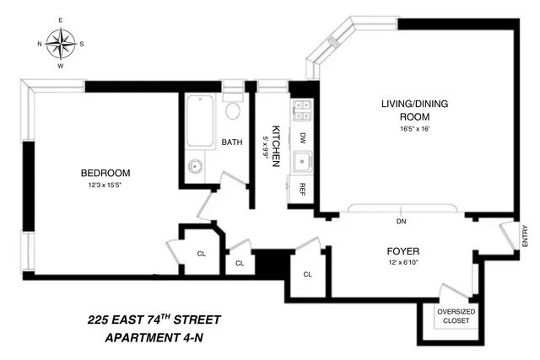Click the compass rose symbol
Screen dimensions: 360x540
pos(61,43)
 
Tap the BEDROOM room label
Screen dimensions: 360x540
pos(100,173)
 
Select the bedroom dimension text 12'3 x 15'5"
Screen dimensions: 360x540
pos(100,185)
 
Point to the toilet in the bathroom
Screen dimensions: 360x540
pos(234,109)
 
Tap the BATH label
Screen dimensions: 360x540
pos(232,142)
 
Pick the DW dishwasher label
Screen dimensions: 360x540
pos(301,137)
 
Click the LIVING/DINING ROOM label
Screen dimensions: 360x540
pos(408,110)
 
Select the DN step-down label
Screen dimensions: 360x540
pos(402,222)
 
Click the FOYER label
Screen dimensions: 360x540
pos(402,251)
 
